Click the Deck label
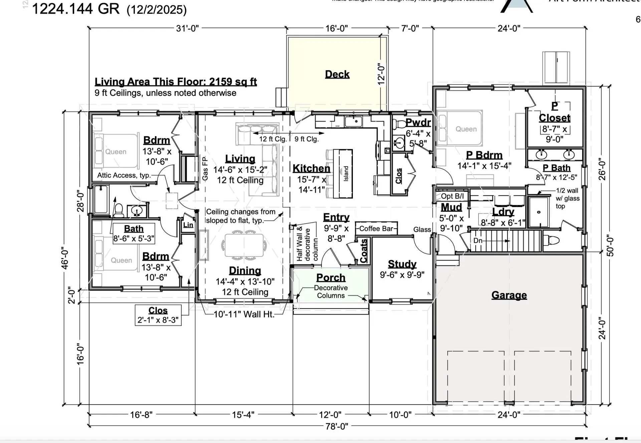337,74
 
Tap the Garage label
509,295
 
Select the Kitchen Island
343,174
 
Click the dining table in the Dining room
244,245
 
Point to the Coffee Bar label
376,229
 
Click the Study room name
402,264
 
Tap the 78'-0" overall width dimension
337,426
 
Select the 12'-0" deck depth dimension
381,74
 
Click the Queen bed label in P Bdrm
466,129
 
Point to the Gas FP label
205,169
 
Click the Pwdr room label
418,123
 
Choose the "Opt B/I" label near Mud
452,196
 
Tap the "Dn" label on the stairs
478,241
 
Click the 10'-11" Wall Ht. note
244,314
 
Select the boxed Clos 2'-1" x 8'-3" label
158,315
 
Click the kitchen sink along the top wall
354,122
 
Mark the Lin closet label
188,225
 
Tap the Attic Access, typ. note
124,175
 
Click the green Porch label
331,278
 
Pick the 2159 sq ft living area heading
176,82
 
